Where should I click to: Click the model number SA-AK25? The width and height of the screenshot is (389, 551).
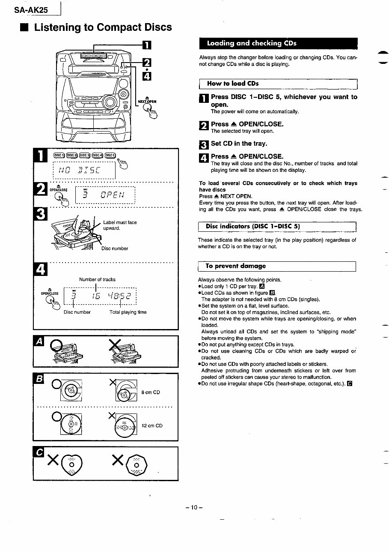point(31,9)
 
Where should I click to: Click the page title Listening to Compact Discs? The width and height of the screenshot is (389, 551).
point(103,27)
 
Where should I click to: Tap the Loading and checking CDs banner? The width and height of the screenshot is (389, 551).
point(252,43)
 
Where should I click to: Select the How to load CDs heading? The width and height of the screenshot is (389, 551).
point(233,84)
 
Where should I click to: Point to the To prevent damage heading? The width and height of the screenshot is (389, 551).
point(235,266)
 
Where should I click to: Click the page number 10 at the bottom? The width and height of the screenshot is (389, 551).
point(194,507)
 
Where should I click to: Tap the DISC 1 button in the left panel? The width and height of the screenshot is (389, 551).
point(59,155)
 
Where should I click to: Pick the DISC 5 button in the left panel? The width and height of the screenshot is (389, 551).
point(110,155)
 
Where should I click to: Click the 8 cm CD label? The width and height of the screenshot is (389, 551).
point(150,392)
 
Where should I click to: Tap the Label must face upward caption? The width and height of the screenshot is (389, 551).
point(120,225)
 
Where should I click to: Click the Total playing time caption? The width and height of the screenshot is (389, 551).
point(128,312)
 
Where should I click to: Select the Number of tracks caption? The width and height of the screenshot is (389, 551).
point(97,279)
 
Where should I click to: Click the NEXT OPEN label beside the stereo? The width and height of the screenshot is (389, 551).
point(147,102)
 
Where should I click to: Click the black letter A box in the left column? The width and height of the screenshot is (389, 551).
point(39,341)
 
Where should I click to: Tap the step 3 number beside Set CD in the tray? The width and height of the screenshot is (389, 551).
point(204,144)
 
